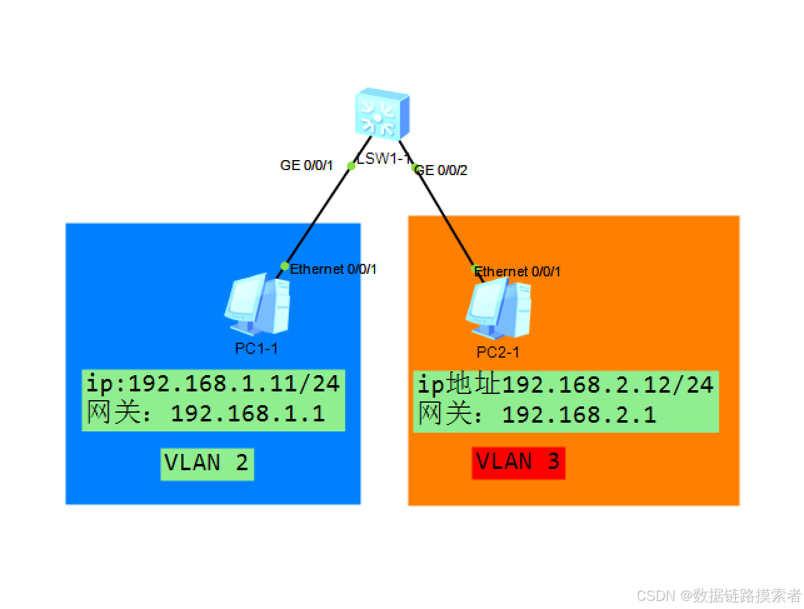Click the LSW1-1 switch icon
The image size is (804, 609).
(x=383, y=113)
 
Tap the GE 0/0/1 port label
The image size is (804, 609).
(x=306, y=166)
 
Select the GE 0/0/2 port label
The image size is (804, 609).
(x=441, y=170)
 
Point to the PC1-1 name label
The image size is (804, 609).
(x=256, y=348)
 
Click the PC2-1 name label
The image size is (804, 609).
(x=498, y=353)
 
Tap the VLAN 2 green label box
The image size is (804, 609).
(x=207, y=463)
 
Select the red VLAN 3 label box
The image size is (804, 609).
(x=518, y=463)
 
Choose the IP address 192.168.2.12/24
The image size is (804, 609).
(x=608, y=385)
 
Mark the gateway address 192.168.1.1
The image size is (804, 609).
(x=248, y=413)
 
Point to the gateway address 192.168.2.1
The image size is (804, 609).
(x=579, y=415)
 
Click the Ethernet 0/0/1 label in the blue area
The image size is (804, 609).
(x=333, y=269)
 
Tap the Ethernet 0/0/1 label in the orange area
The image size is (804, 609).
(x=518, y=271)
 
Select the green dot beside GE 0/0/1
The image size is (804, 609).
(x=351, y=166)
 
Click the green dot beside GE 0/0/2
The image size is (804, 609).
(x=414, y=168)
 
